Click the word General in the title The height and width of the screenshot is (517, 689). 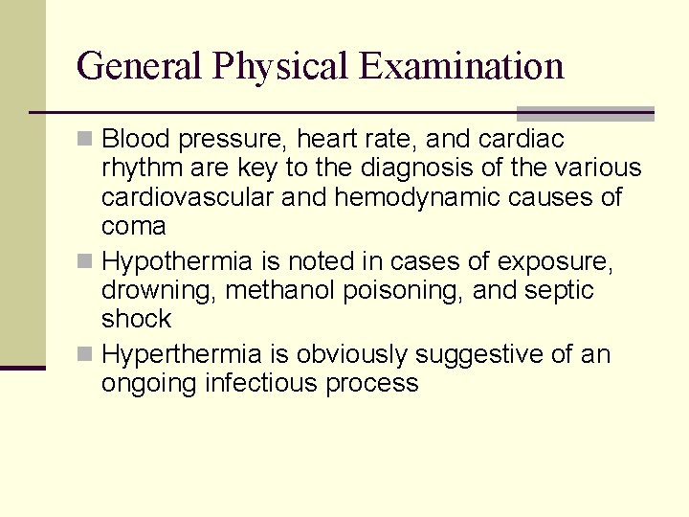pos(140,66)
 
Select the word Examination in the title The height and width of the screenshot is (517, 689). pos(462,66)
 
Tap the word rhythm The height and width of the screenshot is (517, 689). pos(144,169)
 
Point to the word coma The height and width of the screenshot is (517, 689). pos(133,227)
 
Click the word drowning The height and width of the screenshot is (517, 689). pos(157,290)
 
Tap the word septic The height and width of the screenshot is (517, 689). pos(560,290)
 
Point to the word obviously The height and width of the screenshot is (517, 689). pos(351,355)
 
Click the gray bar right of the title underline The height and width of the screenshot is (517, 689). pos(586,113)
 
